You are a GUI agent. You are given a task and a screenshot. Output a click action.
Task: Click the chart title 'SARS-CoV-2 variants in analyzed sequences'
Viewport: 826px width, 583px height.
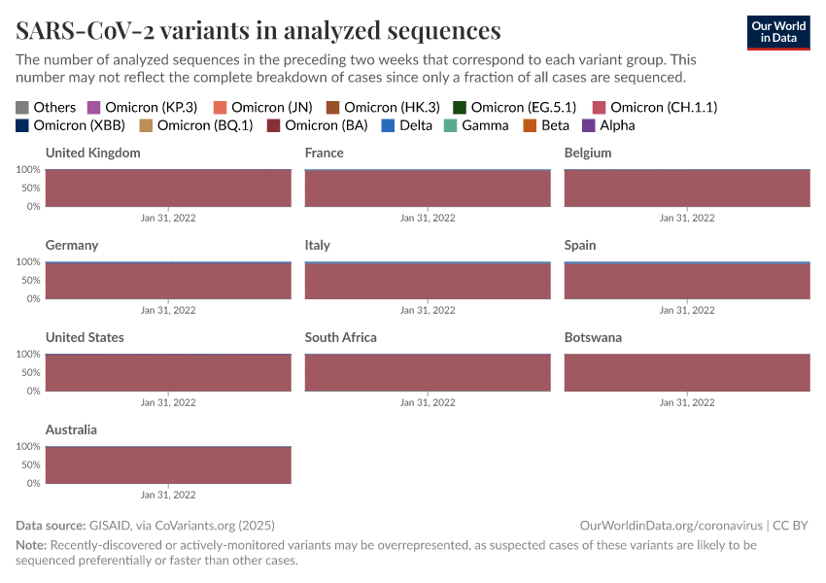coord(258,30)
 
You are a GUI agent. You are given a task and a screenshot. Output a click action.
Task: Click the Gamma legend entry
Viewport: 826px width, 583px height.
coord(476,125)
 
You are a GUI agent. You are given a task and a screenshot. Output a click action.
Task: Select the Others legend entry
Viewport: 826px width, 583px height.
coord(46,107)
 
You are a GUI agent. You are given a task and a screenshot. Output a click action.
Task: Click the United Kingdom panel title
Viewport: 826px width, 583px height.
coord(93,154)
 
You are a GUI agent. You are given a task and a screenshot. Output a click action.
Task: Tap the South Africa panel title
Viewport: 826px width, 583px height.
coord(340,338)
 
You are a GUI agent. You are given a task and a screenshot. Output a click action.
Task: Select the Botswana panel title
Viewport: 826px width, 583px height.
coord(593,338)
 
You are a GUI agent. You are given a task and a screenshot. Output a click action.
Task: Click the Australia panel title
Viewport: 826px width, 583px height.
coord(71,430)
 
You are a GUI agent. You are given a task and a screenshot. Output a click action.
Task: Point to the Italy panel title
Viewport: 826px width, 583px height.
coord(317,246)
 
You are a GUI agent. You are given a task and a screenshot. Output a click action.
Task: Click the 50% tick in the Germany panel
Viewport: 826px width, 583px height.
coord(29,281)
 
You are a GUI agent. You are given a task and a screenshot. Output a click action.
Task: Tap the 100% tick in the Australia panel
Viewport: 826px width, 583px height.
coord(27,447)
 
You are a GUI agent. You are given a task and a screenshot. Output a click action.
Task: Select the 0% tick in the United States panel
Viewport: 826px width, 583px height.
coord(32,391)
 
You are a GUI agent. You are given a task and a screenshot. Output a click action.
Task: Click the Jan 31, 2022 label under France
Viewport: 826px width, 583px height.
coord(428,219)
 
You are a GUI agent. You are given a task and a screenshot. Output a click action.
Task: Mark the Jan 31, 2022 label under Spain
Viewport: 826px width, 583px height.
coord(687,311)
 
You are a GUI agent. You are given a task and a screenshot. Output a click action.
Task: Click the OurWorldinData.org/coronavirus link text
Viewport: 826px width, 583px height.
coord(671,525)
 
